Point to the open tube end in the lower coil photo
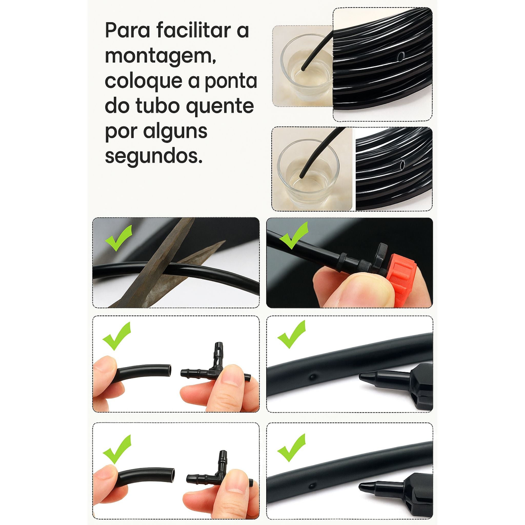point(402,164)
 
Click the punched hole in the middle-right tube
point(312,377)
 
